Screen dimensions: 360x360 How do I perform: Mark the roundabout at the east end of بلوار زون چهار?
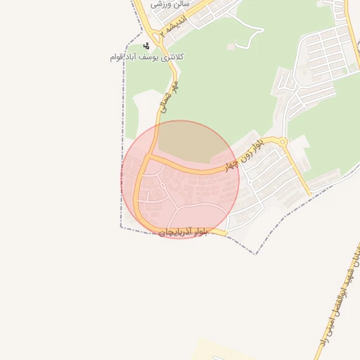tap(283, 143)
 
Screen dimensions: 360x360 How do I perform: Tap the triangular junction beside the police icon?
tap(152, 35)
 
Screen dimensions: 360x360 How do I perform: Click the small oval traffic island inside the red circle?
tap(162, 185)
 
